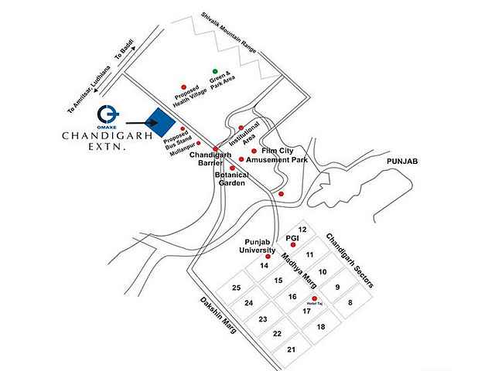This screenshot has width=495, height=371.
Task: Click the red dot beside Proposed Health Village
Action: [x=183, y=87]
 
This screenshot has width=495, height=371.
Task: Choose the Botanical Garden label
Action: [x=231, y=179]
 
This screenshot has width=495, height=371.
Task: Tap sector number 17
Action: [x=306, y=311]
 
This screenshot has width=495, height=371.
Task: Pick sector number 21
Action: [x=292, y=350]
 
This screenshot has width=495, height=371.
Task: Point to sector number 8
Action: [x=350, y=303]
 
